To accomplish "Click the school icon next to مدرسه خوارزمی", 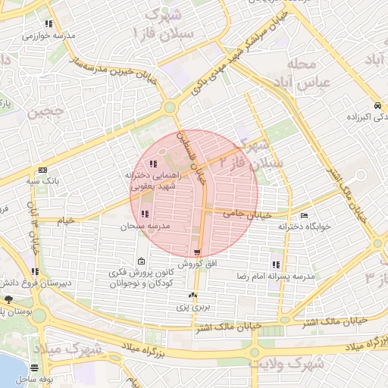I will (x=49, y=24).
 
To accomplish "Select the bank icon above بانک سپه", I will (x=42, y=170).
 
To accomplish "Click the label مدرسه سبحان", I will (x=148, y=227).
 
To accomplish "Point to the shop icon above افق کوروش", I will (x=197, y=252).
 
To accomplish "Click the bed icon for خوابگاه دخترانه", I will (x=304, y=216).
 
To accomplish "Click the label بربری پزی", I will (x=193, y=308).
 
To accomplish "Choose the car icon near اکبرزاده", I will (x=377, y=105).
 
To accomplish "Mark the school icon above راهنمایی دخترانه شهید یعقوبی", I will (x=153, y=163).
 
